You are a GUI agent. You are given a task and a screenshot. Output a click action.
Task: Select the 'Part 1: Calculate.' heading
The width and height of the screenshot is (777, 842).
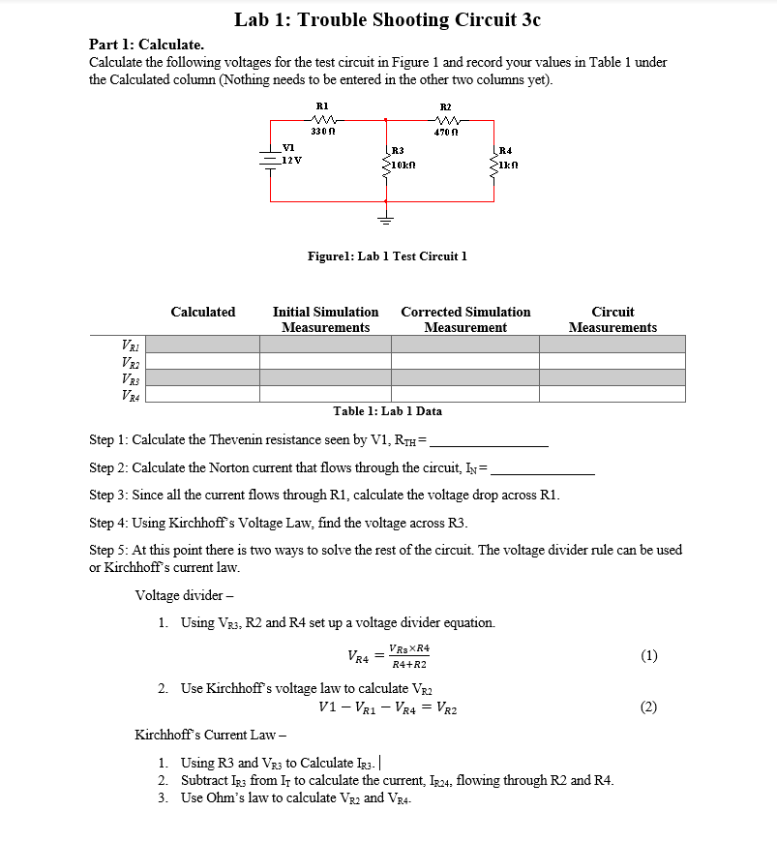[146, 45]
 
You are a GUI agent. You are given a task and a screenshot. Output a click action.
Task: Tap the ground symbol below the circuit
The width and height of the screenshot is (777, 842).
[386, 217]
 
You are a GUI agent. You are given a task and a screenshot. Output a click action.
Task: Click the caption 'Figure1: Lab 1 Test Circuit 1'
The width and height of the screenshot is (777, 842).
[387, 256]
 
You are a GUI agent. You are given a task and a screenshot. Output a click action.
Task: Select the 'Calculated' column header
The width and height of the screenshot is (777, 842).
[202, 312]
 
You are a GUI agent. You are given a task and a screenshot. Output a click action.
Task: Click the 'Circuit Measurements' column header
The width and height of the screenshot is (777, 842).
[613, 319]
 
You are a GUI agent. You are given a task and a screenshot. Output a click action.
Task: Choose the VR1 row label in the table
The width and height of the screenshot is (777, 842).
[128, 345]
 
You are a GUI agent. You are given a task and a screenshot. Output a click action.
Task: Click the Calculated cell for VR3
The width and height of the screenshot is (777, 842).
[202, 377]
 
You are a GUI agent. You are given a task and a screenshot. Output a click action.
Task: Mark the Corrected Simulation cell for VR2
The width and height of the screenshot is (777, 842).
[466, 361]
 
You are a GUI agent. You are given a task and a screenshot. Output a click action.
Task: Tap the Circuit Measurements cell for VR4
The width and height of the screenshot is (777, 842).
[613, 394]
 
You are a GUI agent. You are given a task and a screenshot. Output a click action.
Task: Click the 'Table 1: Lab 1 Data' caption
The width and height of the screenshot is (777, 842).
[387, 411]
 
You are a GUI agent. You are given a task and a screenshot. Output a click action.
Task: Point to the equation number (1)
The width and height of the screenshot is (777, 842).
[648, 655]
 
